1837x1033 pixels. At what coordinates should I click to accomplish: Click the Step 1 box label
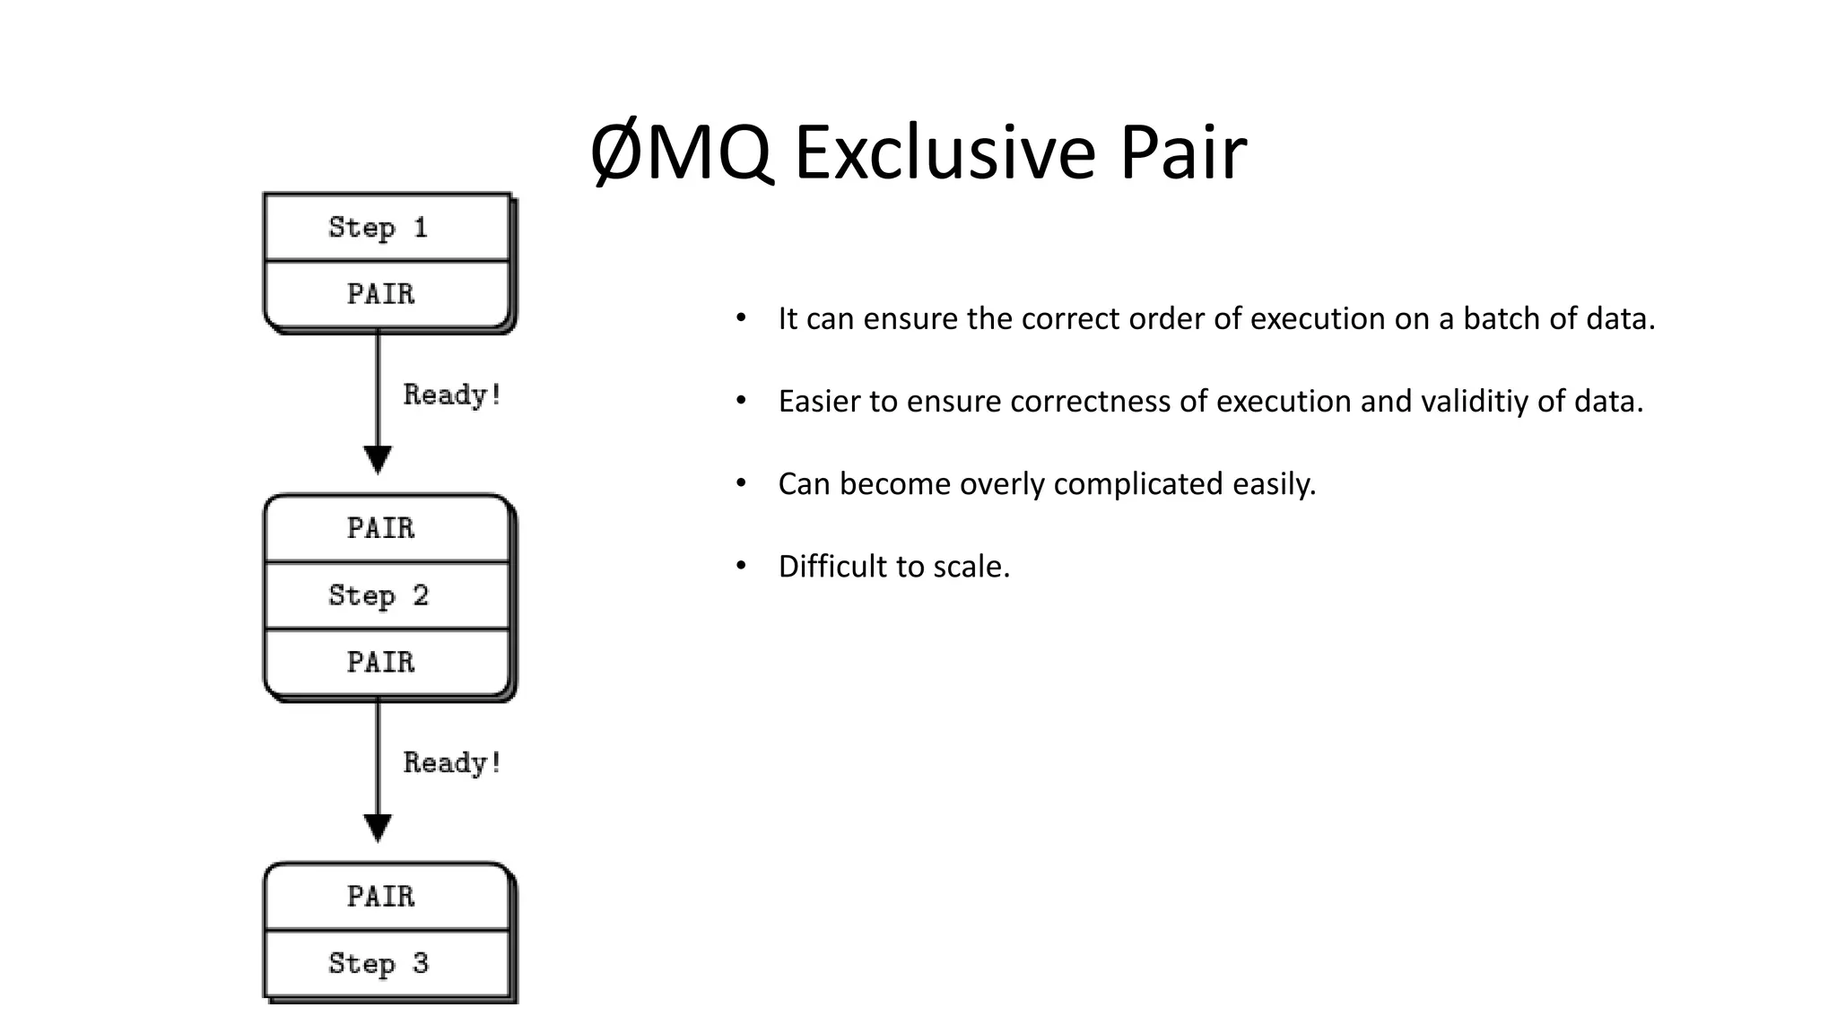[x=378, y=228]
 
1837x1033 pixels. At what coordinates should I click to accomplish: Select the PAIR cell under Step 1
[x=381, y=294]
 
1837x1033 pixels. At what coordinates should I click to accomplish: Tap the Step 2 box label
[x=379, y=595]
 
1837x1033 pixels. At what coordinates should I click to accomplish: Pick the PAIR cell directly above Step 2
[x=381, y=528]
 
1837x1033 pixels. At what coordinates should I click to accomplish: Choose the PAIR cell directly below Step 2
[x=381, y=663]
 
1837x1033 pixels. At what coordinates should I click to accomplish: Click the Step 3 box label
[x=379, y=964]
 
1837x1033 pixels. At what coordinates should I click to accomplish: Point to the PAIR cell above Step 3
[x=381, y=897]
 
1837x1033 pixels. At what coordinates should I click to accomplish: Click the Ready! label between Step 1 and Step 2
[x=452, y=395]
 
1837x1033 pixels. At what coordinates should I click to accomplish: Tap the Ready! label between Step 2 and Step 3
[x=452, y=763]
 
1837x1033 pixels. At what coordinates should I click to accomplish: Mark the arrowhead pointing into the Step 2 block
[x=378, y=459]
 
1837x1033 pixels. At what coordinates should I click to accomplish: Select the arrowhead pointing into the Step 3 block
[x=378, y=828]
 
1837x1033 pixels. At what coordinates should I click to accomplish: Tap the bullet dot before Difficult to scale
[x=741, y=566]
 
